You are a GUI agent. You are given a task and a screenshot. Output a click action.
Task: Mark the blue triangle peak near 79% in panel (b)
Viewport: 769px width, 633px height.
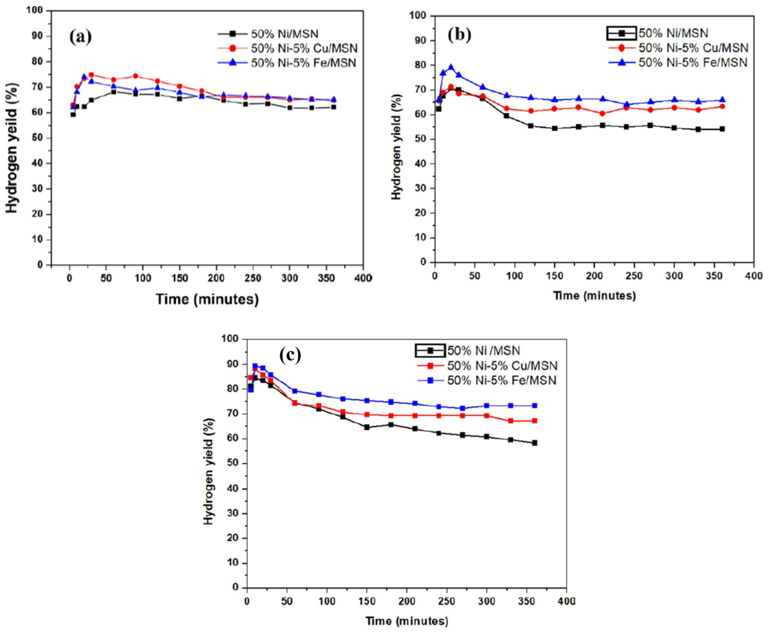451,67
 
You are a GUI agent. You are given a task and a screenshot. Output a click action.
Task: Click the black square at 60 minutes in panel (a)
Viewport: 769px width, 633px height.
114,92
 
